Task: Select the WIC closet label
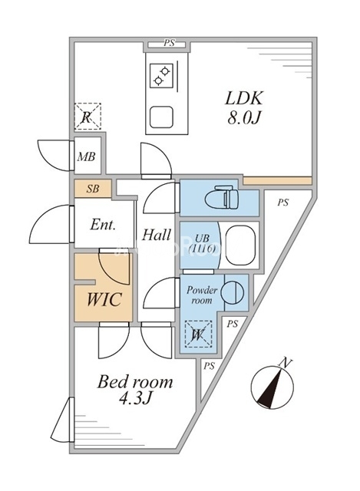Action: pyautogui.click(x=104, y=299)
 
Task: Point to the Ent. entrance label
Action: pyautogui.click(x=102, y=226)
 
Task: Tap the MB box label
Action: pyautogui.click(x=87, y=157)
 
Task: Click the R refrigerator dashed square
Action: pyautogui.click(x=87, y=117)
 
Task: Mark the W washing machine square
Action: pyautogui.click(x=197, y=334)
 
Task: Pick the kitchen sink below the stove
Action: pyautogui.click(x=162, y=117)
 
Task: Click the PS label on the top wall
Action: pyautogui.click(x=168, y=44)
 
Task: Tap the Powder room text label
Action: pyautogui.click(x=201, y=295)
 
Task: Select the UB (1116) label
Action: pyautogui.click(x=201, y=244)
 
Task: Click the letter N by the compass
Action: pyautogui.click(x=286, y=362)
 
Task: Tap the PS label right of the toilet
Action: pyautogui.click(x=283, y=203)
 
